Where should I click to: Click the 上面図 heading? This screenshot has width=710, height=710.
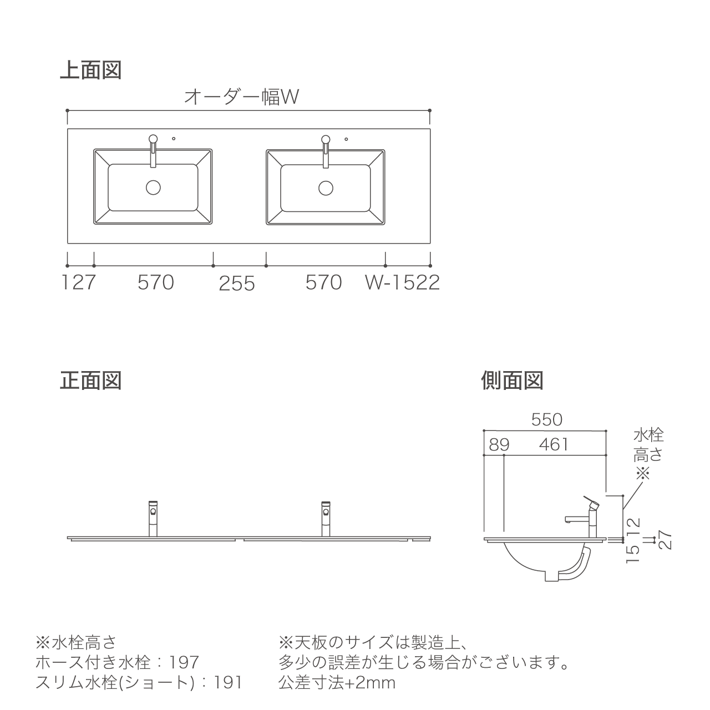(90, 70)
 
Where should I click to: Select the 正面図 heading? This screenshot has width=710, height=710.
(90, 381)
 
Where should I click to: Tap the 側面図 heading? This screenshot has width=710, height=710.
(512, 381)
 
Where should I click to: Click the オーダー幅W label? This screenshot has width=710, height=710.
(241, 97)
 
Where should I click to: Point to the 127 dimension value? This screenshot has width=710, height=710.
(79, 282)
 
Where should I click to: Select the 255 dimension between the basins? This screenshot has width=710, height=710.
(237, 283)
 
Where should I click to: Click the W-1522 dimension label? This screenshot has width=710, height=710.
(402, 282)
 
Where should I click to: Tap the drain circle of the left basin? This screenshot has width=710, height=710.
(153, 187)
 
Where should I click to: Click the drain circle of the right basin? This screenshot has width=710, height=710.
(326, 188)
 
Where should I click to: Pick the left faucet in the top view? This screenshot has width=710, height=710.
(153, 150)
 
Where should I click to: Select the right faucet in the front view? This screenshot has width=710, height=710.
(326, 519)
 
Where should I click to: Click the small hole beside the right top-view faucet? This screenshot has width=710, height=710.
(346, 139)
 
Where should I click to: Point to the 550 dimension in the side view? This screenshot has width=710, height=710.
(547, 420)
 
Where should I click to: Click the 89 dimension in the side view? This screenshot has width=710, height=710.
(499, 445)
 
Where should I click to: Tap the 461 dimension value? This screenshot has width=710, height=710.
(554, 445)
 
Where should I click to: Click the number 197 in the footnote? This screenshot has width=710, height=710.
(184, 662)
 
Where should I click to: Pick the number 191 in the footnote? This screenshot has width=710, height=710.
(228, 683)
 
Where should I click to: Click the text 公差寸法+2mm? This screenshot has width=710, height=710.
(337, 683)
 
